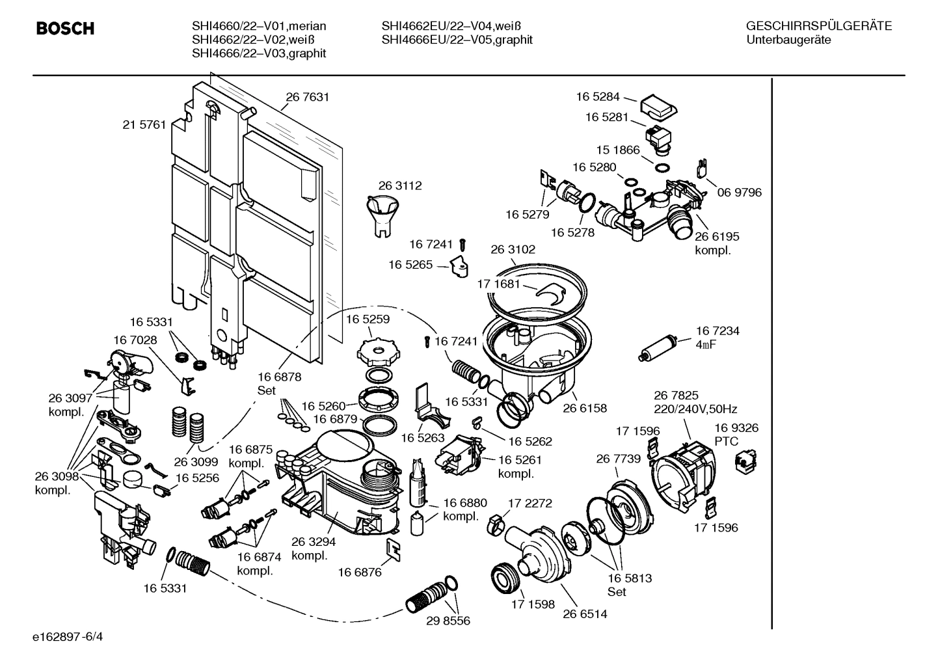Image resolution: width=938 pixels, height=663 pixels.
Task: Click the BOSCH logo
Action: click(x=65, y=29)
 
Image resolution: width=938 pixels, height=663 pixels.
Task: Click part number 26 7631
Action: click(x=307, y=97)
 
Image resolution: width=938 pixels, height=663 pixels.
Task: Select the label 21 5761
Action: click(x=144, y=124)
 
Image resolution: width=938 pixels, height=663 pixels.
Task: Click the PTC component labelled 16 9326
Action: click(x=742, y=461)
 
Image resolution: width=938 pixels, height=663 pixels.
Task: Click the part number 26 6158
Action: click(x=585, y=408)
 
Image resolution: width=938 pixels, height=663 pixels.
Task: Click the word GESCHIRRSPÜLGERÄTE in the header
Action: click(x=818, y=26)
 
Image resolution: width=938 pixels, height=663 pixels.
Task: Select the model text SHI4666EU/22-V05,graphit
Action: click(x=457, y=40)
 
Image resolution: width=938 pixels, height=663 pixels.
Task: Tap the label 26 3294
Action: click(x=313, y=541)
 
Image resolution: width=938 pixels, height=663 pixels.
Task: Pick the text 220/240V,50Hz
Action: click(x=695, y=409)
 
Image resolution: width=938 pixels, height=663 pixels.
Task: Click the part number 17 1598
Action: click(x=533, y=604)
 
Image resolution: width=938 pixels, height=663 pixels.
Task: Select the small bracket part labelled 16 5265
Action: click(x=460, y=266)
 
